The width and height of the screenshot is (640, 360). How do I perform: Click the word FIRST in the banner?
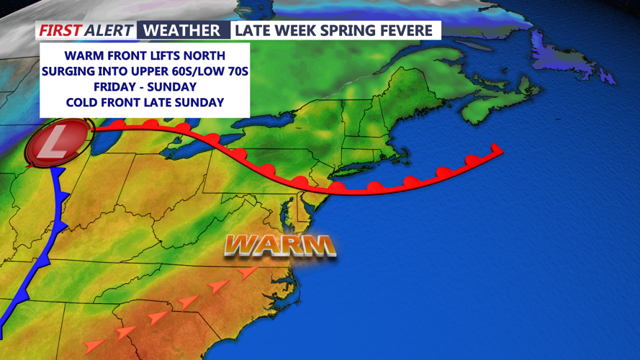coord(60,30)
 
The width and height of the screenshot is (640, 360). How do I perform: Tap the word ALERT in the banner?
coord(109,30)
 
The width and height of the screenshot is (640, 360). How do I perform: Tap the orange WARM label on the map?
coord(280,246)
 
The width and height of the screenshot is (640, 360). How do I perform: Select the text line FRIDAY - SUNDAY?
coord(145,87)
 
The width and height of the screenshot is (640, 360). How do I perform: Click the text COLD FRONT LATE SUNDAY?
coord(145,102)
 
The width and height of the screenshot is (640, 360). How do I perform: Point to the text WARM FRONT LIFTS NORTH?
coord(145,55)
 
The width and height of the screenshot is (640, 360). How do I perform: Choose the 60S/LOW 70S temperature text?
coord(203,71)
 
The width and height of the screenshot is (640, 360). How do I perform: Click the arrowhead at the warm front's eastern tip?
coord(496,149)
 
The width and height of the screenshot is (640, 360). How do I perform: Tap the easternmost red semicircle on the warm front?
coord(472,161)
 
